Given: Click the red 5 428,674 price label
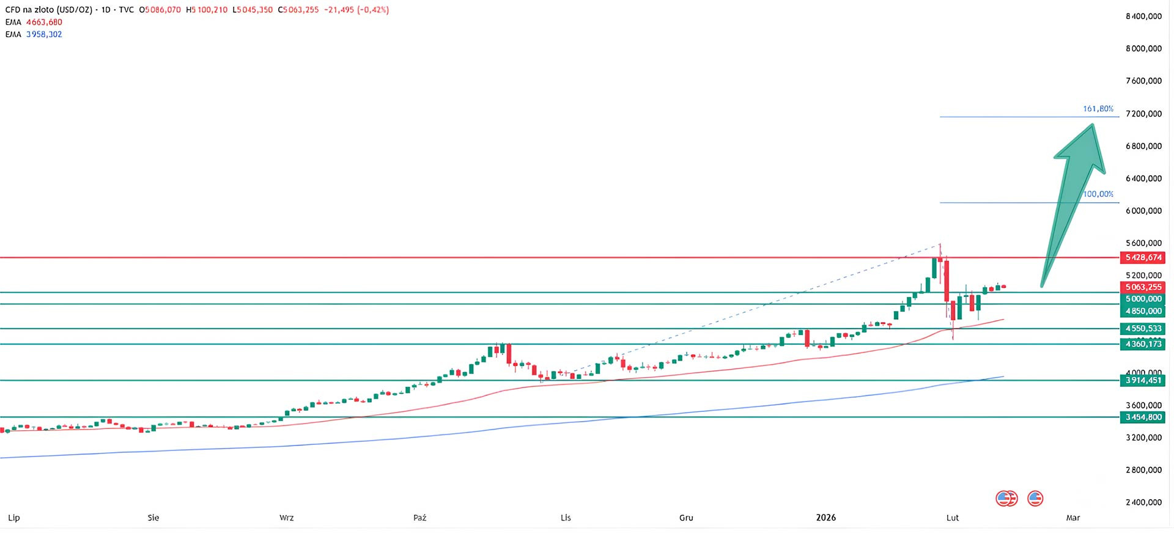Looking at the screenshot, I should (1143, 258).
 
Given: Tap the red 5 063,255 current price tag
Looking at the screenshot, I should (1143, 287).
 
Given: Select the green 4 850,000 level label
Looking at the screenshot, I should (1143, 311).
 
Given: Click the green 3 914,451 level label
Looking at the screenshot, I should (1143, 381).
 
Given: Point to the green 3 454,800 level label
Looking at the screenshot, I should (1143, 417).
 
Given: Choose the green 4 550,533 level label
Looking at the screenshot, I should (1143, 329).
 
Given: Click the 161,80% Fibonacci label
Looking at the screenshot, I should (1098, 109).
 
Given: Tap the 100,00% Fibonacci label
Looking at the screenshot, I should (1098, 194).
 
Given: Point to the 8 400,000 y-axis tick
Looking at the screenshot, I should (1143, 16).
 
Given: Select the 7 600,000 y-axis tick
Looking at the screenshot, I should (1143, 81).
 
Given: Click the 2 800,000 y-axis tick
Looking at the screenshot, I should (1143, 470).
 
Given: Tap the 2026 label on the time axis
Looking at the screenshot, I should (825, 518).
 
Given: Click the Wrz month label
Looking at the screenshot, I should (286, 518).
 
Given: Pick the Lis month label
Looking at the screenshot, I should (566, 518).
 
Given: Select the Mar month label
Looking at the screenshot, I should (1072, 518).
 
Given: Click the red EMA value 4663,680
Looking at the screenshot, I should (44, 22).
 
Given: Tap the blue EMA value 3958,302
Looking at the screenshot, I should (44, 34).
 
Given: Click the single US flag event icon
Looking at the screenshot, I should (1035, 499).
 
